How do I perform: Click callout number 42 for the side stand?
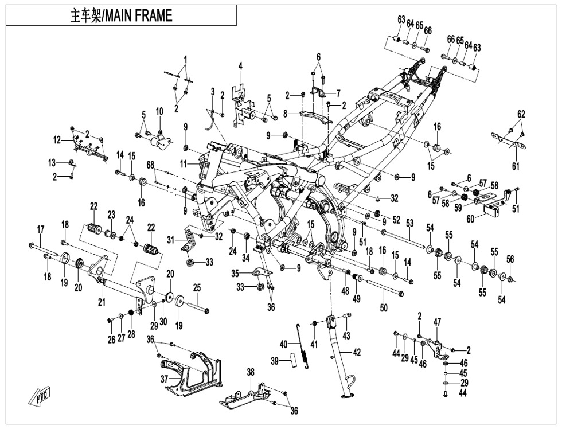click(357, 353)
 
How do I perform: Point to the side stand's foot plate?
click(348, 395)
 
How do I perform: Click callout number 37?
click(165, 379)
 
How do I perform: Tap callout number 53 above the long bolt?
click(409, 222)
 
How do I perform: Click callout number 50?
click(384, 308)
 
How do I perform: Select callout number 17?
click(41, 229)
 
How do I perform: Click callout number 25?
click(196, 287)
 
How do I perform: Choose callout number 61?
click(516, 166)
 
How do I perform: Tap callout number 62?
click(521, 114)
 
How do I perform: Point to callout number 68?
click(151, 165)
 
